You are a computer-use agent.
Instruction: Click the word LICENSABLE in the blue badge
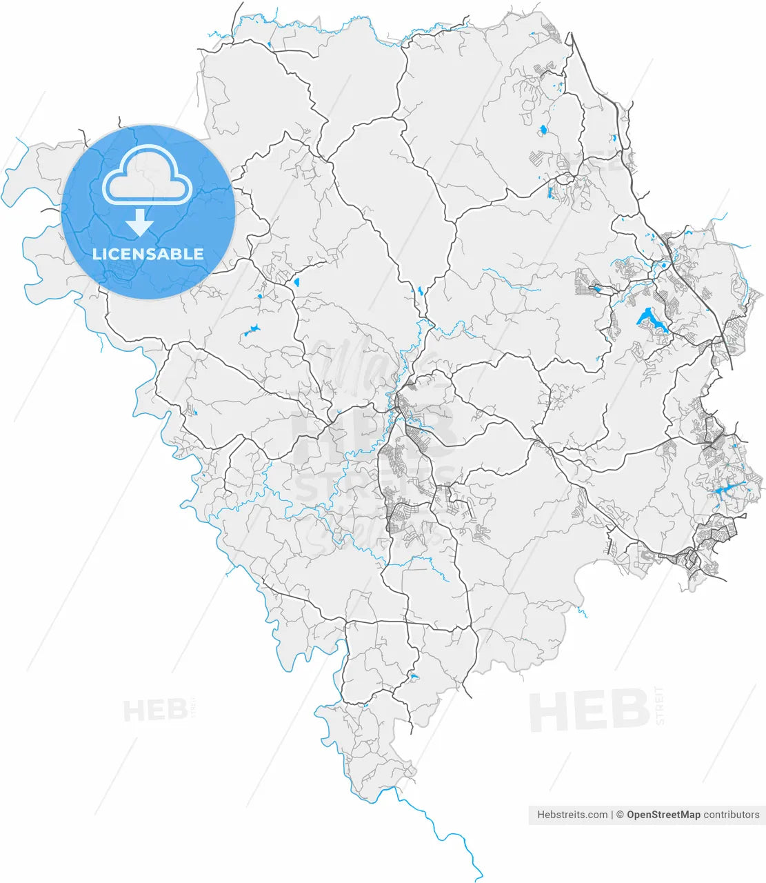(148, 254)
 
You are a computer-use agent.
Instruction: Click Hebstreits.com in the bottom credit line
(572, 815)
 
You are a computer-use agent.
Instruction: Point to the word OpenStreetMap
(663, 815)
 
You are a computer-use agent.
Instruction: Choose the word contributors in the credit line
(731, 815)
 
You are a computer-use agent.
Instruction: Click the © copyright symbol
(620, 815)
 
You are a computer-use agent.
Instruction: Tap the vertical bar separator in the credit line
(612, 815)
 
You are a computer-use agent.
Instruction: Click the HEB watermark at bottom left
(154, 710)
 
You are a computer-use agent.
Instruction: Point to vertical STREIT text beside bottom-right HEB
(660, 705)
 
